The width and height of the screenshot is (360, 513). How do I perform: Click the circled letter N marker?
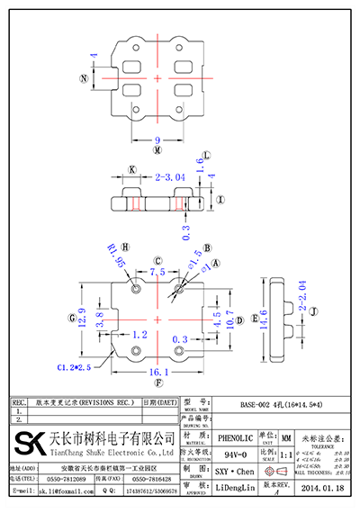tap(85, 79)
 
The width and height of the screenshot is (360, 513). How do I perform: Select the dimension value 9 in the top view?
tap(157, 139)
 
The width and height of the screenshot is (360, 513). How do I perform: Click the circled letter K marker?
tap(132, 169)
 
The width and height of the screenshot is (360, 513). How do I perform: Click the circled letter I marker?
tap(220, 199)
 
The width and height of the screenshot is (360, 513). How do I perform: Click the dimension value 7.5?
tap(157, 270)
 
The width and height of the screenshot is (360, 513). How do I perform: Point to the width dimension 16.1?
tap(157, 371)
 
